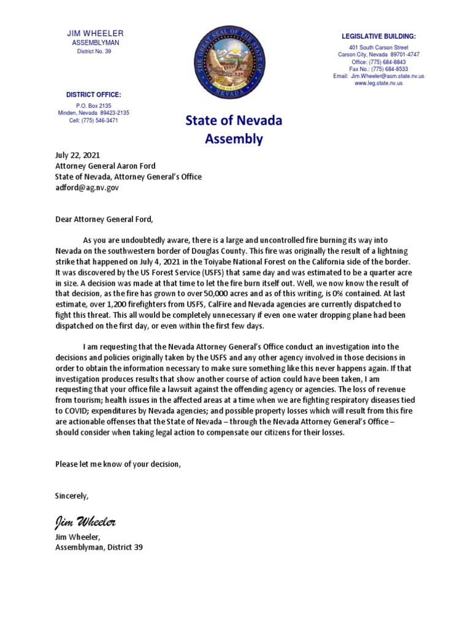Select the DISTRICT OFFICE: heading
(93, 94)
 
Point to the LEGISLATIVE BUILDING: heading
(379, 37)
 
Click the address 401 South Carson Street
(379, 47)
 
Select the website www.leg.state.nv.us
(379, 83)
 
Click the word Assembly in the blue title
(234, 139)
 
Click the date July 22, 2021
(77, 155)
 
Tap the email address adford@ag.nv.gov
(87, 188)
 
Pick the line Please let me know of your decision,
(118, 464)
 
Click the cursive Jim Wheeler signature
(85, 522)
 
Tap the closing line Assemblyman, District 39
(99, 547)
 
